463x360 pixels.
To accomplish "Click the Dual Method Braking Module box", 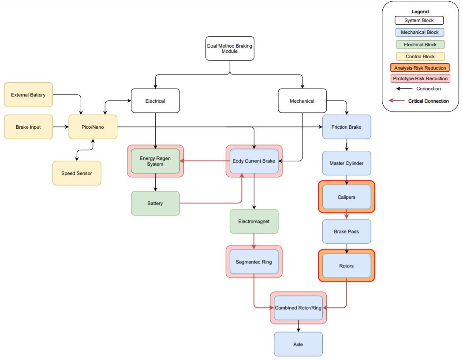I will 229,48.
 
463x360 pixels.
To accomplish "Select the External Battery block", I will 28,95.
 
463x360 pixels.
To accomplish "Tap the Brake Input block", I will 28,127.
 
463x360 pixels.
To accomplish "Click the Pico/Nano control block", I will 93,127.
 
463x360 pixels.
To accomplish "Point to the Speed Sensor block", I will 77,173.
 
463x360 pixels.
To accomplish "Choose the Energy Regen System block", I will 155,161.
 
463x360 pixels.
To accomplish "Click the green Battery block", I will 155,203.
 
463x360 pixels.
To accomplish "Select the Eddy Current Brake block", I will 254,161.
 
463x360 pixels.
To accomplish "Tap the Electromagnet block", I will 254,221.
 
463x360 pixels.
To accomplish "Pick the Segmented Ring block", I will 254,262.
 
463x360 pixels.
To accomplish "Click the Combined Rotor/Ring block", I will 298,308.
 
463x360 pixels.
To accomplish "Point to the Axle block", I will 298,344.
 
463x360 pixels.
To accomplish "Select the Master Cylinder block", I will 347,163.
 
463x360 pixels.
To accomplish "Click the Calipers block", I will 347,197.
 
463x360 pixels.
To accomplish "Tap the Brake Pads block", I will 347,231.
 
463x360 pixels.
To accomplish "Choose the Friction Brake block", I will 347,127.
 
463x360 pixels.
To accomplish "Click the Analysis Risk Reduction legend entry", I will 420,68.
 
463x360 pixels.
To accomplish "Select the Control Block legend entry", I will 420,56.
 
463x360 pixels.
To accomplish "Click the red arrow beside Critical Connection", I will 397,101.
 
